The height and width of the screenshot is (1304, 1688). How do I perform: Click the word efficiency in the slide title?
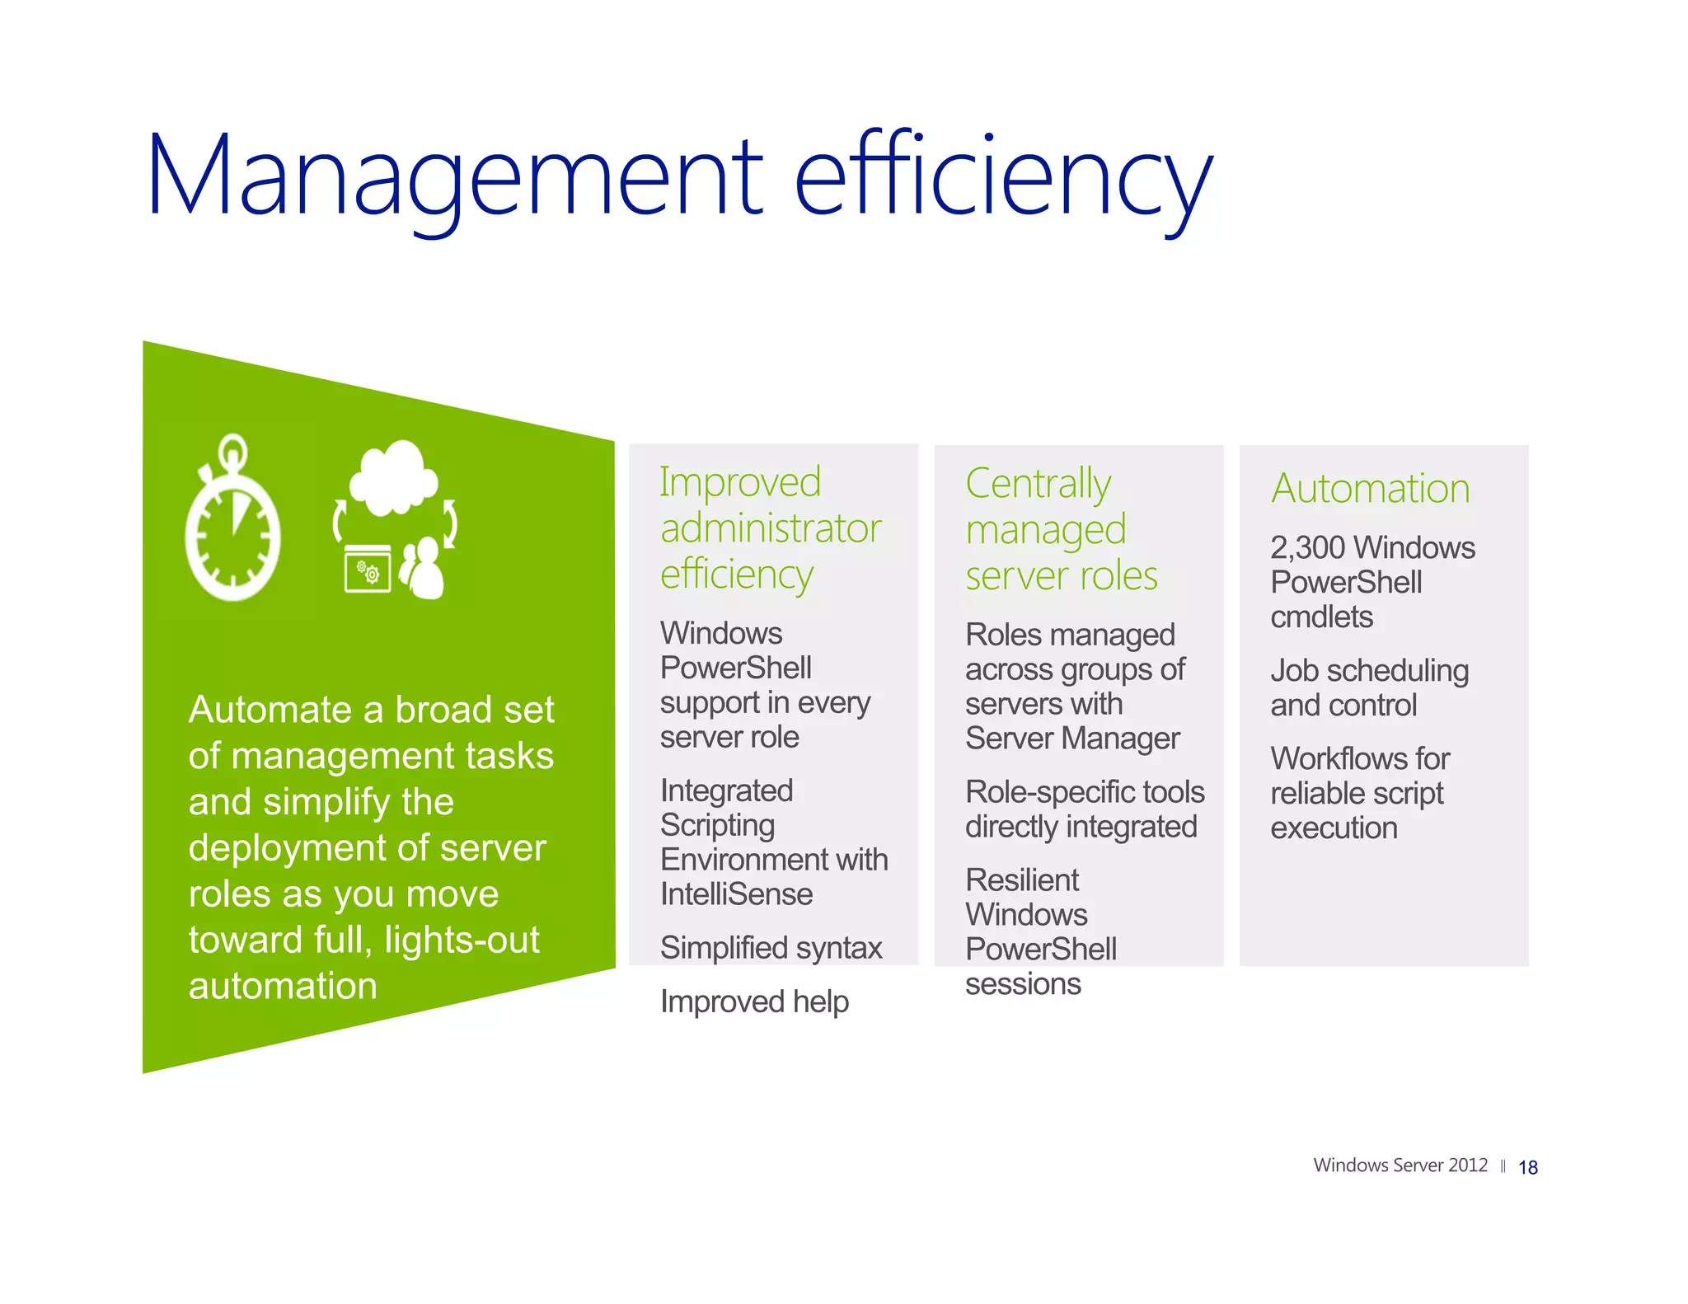pos(1002,177)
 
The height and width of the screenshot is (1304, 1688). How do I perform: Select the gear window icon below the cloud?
pos(368,570)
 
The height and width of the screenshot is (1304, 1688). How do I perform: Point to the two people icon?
pos(424,568)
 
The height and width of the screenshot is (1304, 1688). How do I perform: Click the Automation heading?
pos(1370,488)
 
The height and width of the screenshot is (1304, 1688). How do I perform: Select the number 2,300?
pos(1307,548)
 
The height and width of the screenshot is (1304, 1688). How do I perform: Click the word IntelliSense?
pos(736,894)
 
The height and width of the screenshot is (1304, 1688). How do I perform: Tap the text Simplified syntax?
pos(771,948)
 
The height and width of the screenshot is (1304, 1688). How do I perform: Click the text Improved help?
pos(754,1001)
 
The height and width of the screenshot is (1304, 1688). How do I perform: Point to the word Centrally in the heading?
pos(1038,484)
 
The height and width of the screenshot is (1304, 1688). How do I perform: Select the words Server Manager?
pos(1072,739)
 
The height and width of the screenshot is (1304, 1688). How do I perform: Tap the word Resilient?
pos(1022,880)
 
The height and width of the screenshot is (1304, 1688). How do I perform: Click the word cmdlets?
pos(1321,617)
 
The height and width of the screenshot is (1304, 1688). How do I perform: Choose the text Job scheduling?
pos(1369,671)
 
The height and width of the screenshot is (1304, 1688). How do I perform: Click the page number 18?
pos(1527,1167)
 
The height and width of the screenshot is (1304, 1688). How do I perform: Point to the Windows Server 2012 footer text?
pos(1400,1166)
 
